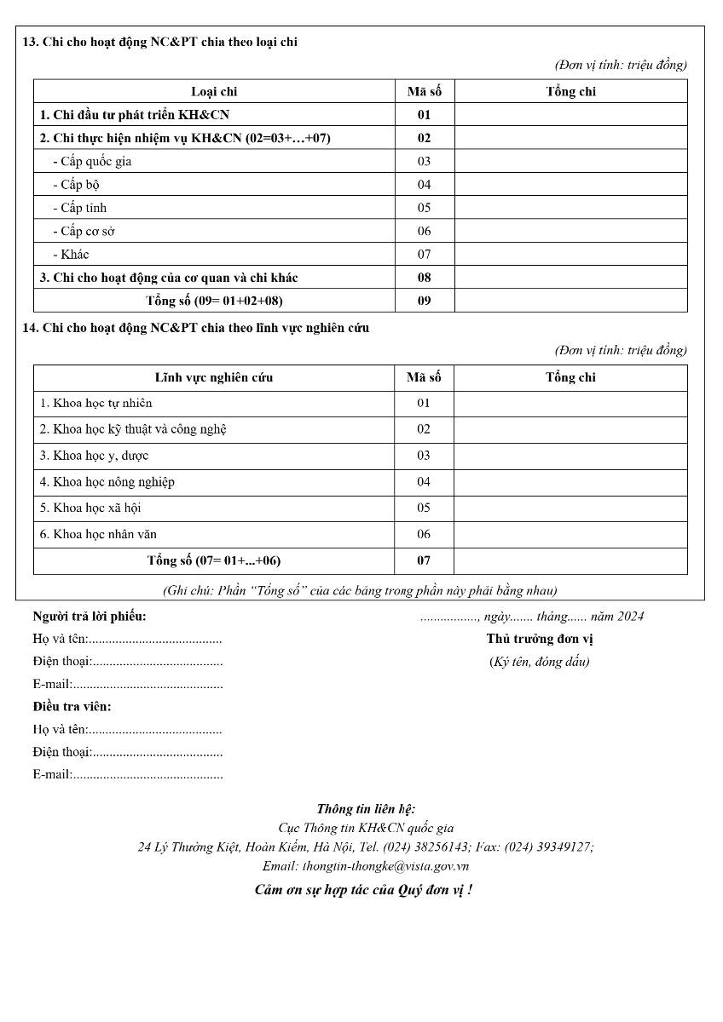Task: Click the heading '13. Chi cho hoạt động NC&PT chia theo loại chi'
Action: pos(159,42)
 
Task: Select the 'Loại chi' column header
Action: pos(214,92)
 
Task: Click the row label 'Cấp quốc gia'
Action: pos(92,161)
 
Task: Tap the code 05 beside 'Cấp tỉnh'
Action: pos(424,208)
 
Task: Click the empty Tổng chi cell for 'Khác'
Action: pos(570,254)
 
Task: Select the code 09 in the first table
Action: pos(424,301)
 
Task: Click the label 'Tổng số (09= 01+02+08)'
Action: pos(214,301)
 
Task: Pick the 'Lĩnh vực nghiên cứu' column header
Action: pos(214,377)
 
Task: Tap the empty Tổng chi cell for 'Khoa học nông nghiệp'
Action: pos(570,482)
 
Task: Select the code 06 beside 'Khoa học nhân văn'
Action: pos(424,534)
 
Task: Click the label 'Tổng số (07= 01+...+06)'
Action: pos(214,560)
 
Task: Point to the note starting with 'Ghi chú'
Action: pos(360,590)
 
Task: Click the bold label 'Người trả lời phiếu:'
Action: pos(90,617)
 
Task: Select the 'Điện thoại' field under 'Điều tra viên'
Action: pos(128,752)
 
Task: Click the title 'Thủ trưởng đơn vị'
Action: pos(540,639)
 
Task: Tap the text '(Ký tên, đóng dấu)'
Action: pos(539,662)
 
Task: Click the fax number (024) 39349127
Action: pos(547,847)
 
